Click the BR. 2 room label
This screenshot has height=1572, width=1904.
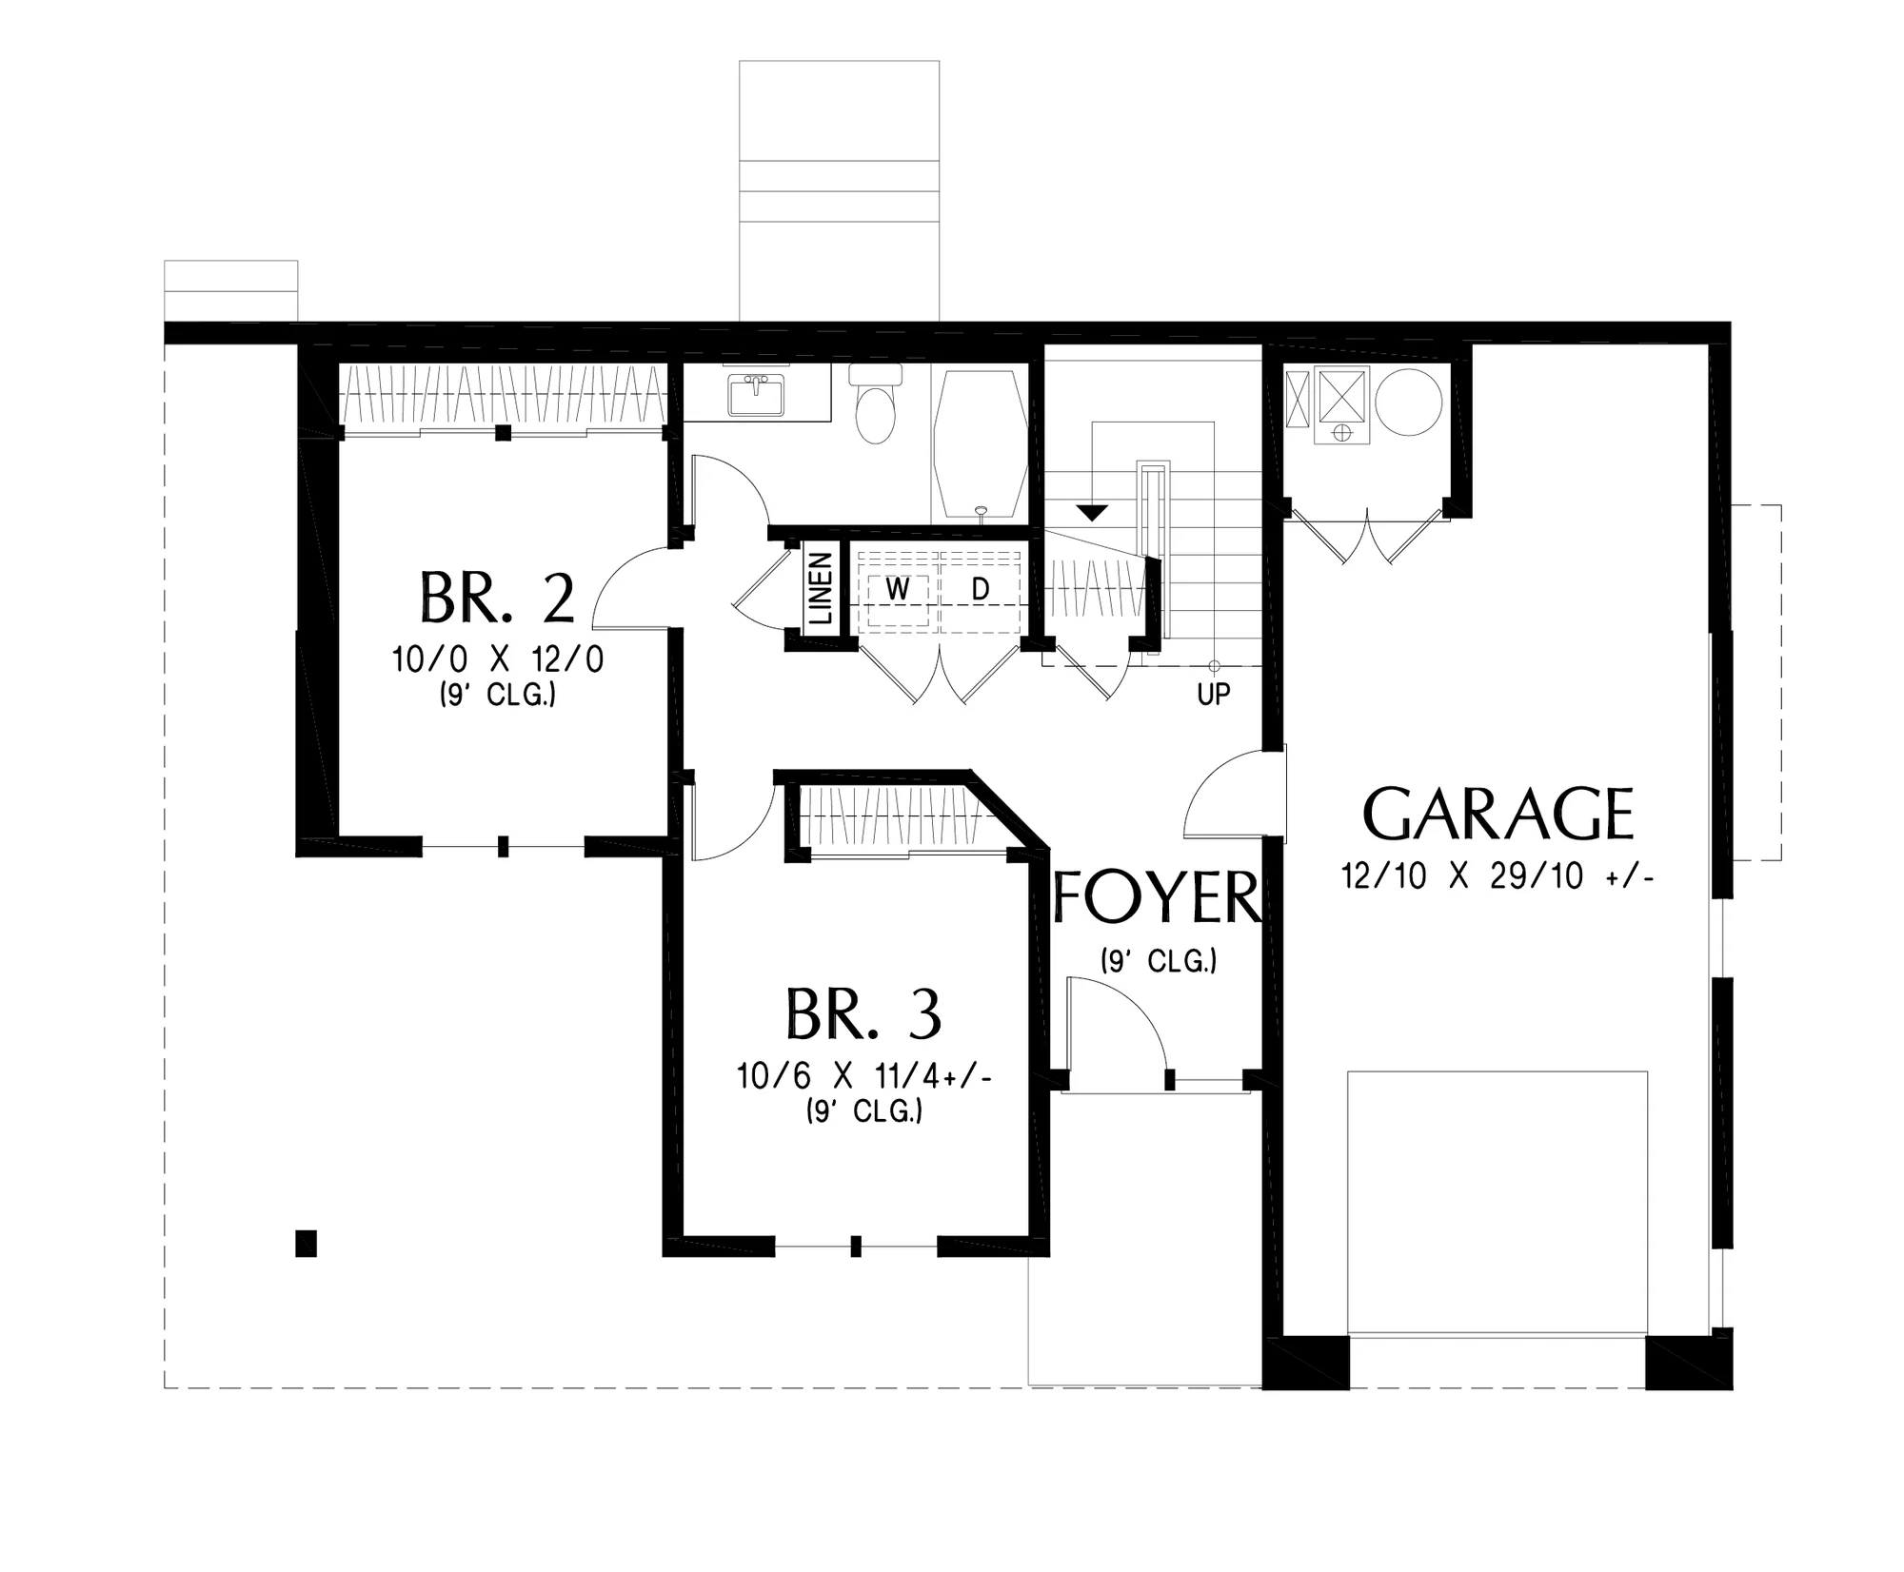(x=497, y=598)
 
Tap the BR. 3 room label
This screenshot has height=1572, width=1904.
(x=863, y=1014)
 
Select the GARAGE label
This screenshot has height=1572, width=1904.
(x=1497, y=814)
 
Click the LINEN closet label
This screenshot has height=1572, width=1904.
(x=821, y=589)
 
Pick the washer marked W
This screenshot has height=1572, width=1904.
(x=897, y=590)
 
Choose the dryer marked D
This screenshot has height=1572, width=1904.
(x=981, y=590)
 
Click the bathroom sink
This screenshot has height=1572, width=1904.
(x=757, y=394)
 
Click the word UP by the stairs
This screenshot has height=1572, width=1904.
(x=1214, y=695)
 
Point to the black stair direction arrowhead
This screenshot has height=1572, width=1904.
(x=1092, y=512)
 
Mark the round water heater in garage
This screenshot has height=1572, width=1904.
(x=1408, y=403)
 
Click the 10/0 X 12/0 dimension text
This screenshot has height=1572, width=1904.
(x=498, y=659)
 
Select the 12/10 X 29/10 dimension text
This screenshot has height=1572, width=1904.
(x=1497, y=875)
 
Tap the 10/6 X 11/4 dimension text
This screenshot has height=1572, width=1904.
(x=864, y=1076)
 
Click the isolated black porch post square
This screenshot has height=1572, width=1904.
(x=306, y=1243)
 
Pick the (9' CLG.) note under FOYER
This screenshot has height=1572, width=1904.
(x=1159, y=961)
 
